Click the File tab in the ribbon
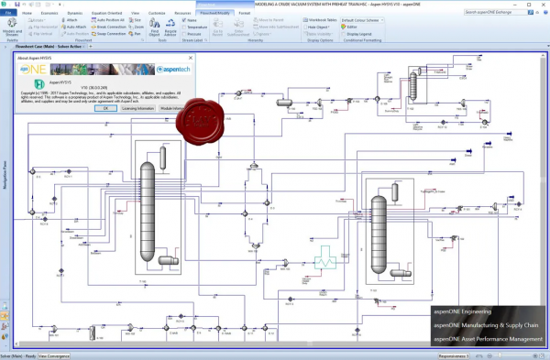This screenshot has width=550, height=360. pos(7,15)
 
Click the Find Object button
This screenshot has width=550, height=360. pos(155,30)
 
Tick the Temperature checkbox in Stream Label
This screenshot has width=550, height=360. pos(189,27)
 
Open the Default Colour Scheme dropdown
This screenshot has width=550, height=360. pos(363,20)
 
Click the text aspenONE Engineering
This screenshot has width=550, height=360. pos(464,312)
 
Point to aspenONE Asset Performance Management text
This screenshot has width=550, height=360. pos(488,338)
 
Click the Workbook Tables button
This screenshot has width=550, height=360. pos(321,20)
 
